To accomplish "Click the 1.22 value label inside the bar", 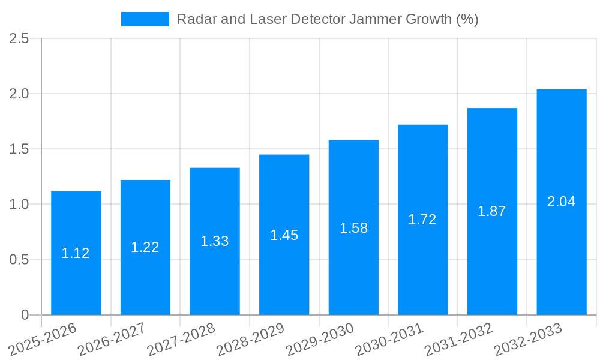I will click(145, 247).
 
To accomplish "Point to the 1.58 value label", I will click(353, 228).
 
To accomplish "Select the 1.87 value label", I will click(492, 211).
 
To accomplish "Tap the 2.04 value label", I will click(561, 202).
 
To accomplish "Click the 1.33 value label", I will click(215, 241).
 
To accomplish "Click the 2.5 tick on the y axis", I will click(20, 38).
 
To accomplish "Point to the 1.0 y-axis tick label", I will click(20, 205).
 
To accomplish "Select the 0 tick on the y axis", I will click(25, 315).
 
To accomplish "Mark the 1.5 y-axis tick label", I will click(20, 149).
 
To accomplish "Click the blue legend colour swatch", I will click(145, 19).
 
